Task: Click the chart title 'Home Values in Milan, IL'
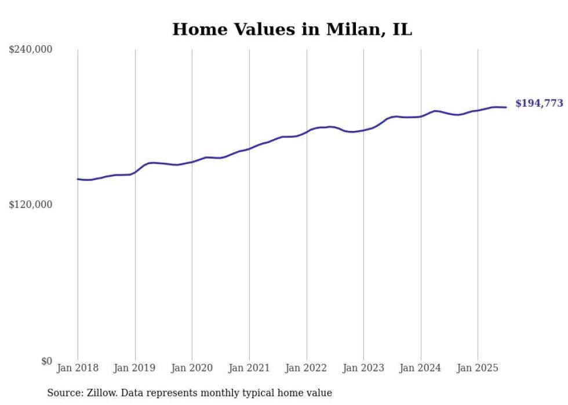292,30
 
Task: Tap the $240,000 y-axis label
31,50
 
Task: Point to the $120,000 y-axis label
31,205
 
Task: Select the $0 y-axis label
46,361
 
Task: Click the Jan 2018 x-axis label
78,368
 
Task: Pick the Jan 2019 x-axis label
135,368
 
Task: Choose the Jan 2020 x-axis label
192,368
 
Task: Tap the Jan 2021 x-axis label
249,368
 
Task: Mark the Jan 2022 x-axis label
307,368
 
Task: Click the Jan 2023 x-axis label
363,368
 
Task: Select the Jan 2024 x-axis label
421,368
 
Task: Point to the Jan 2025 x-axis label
478,368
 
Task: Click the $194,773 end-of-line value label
539,104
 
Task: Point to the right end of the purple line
506,107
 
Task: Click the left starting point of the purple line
78,179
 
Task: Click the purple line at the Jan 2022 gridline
307,132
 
